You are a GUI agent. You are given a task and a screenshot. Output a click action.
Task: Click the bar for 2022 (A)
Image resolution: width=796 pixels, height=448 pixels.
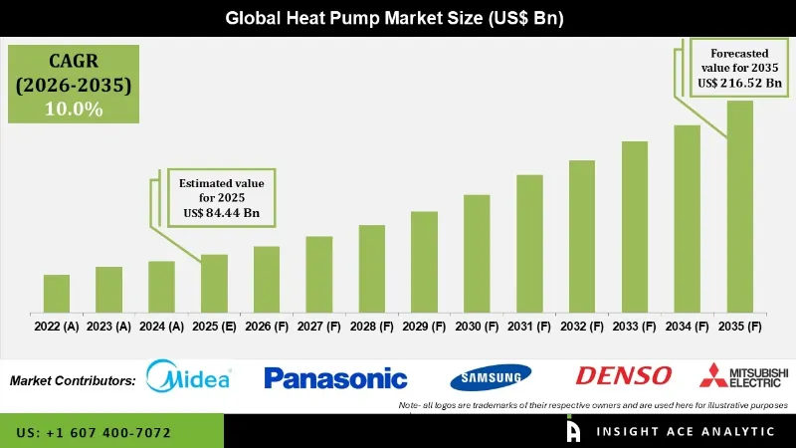pos(56,294)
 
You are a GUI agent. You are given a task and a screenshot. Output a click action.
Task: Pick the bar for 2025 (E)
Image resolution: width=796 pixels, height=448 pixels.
pos(214,283)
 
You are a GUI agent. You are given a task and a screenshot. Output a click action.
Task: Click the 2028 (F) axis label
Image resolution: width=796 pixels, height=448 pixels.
pos(371,327)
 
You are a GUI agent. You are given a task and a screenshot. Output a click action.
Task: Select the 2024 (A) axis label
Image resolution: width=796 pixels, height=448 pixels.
pos(161,327)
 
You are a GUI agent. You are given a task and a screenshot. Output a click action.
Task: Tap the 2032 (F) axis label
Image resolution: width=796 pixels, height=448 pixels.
pos(582,327)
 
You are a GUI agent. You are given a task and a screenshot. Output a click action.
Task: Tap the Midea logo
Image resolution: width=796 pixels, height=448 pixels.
pos(189,377)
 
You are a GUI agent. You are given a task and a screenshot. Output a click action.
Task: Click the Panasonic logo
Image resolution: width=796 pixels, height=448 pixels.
pos(335,378)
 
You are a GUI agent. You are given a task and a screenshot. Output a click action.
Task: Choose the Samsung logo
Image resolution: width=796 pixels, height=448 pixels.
pos(491,377)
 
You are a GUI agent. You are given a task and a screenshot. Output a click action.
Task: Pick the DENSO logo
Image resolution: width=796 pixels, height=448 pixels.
pos(624,376)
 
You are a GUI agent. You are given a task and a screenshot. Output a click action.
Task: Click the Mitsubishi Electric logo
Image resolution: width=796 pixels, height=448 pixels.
pos(743,376)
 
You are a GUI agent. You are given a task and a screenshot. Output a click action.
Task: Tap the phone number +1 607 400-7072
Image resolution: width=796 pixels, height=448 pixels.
pos(94,433)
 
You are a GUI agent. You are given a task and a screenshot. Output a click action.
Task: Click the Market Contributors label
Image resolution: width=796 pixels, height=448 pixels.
pos(73,380)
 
